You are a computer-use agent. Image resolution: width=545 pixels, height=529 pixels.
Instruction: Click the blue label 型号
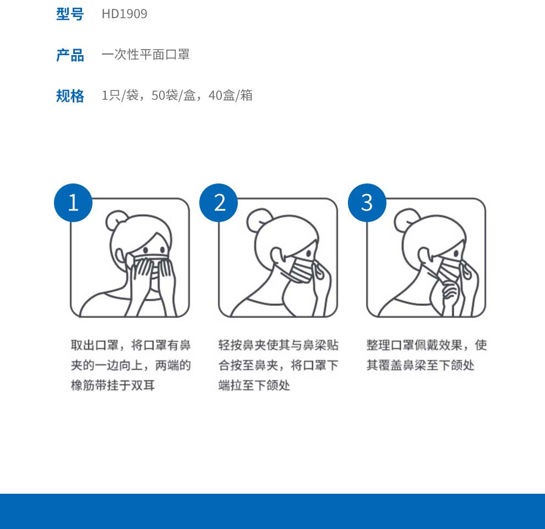pos(70,14)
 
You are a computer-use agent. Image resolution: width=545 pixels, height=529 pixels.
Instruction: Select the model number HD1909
pos(124,14)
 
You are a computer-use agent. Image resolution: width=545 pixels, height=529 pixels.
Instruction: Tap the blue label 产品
pos(70,55)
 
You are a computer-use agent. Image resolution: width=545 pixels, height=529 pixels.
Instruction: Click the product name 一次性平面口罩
pos(146,55)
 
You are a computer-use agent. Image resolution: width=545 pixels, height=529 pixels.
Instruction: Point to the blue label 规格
pos(70,96)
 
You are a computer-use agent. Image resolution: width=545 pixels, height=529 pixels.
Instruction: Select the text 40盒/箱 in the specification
pos(231,95)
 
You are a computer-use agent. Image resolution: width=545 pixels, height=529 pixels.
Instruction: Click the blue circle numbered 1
pos(73,203)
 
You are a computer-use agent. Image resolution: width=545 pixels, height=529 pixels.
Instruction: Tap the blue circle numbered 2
pos(219,203)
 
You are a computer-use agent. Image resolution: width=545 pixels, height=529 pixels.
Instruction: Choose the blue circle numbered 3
pos(367,203)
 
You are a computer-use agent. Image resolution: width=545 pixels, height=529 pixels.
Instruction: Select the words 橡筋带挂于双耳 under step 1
pos(113,386)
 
